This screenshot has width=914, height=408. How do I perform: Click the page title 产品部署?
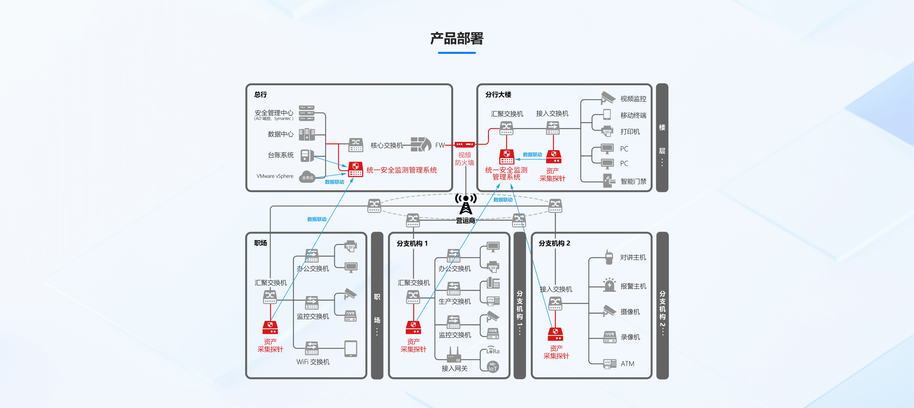point(457,39)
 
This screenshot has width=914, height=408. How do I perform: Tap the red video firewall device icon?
point(464,144)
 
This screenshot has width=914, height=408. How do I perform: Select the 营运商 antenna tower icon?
point(466,204)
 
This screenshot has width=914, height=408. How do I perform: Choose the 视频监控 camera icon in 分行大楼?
point(608,98)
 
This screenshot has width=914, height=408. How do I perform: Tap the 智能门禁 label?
point(633,182)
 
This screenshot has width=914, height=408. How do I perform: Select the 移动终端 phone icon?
point(607,114)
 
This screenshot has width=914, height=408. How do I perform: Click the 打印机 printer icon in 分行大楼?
point(607,131)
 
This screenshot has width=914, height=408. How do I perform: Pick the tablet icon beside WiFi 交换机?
point(351,349)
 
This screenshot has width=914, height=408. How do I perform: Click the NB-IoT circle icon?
point(493,367)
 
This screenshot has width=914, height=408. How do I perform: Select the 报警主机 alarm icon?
point(609,285)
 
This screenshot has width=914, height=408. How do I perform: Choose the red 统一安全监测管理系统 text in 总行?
point(401,170)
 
